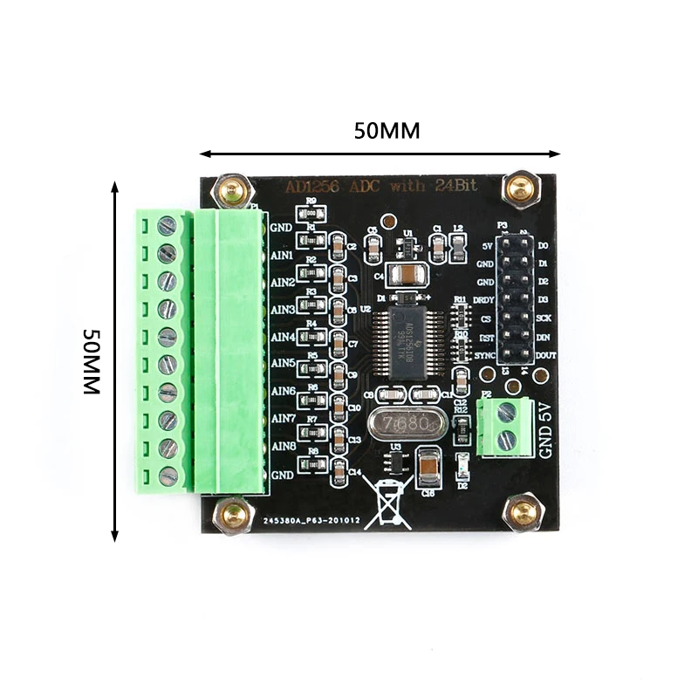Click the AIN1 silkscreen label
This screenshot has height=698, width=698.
coord(282,256)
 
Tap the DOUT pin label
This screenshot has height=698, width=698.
coord(544,355)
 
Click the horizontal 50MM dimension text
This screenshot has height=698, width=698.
coord(387,131)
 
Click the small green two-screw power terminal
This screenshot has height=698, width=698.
coord(506,428)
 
